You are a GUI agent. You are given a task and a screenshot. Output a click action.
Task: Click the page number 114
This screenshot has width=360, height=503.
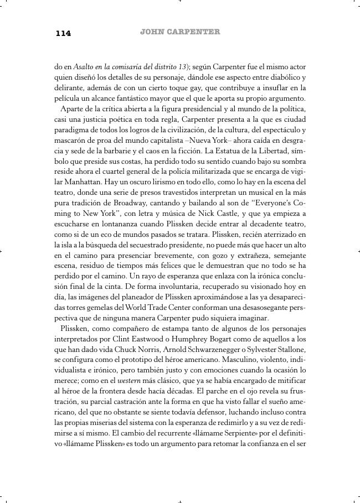point(63,33)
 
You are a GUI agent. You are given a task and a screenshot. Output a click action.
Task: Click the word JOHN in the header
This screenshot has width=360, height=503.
point(153,32)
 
